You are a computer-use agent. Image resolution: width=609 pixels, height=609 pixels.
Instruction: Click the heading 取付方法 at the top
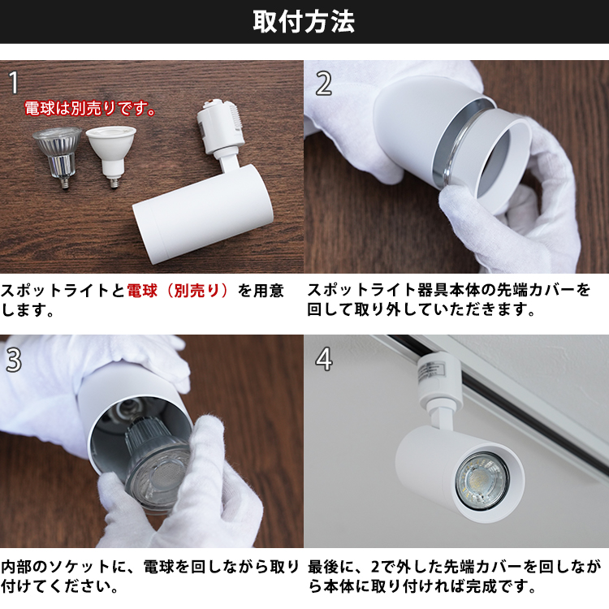click(x=304, y=21)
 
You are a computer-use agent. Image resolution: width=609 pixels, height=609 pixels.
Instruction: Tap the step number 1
click(x=14, y=81)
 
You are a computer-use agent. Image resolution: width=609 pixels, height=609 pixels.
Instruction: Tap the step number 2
click(x=323, y=82)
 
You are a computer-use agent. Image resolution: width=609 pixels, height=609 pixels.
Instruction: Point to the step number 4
click(x=323, y=359)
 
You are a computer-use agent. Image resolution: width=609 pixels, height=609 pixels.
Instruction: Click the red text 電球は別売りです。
click(x=89, y=108)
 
